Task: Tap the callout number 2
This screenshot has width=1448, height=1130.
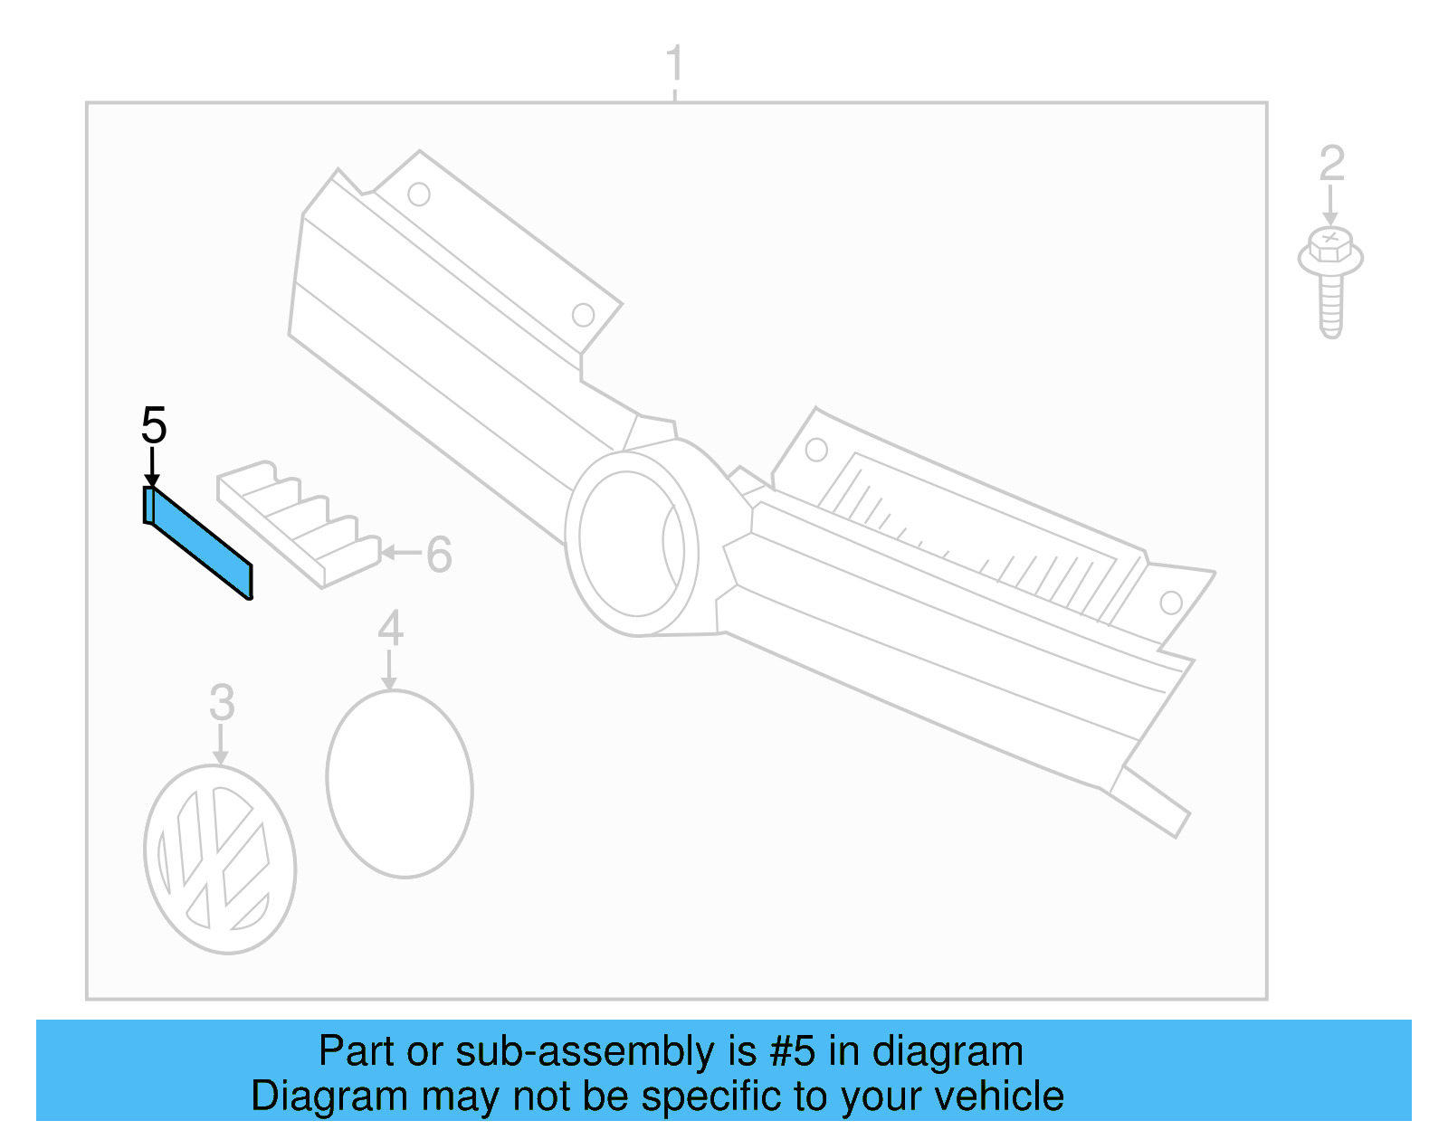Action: pos(1331,164)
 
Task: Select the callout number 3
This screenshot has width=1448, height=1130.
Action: pos(222,703)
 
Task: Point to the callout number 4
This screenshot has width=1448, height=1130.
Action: pos(390,628)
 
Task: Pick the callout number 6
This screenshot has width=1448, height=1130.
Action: pos(439,555)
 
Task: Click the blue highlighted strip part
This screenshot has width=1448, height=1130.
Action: pos(198,542)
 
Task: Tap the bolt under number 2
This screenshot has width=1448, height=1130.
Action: pos(1330,280)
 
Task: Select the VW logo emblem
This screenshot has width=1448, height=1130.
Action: pos(220,859)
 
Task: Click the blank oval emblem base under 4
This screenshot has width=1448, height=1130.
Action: pos(399,783)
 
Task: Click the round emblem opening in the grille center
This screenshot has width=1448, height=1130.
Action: pos(632,543)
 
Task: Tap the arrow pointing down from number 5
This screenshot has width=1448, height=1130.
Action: pos(152,470)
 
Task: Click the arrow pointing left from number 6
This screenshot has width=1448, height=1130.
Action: pos(401,552)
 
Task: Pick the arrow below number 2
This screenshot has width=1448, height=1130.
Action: pos(1330,206)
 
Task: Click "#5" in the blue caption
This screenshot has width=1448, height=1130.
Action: pos(793,1051)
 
